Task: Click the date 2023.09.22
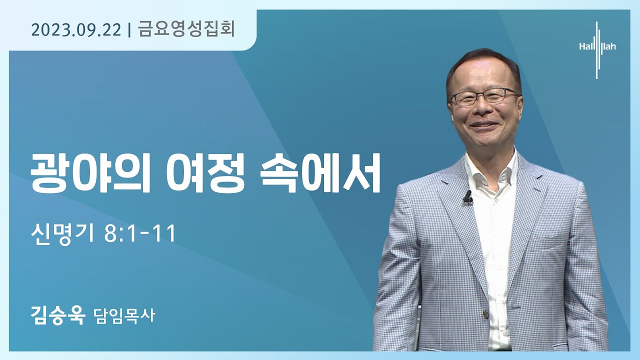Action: pos(76,30)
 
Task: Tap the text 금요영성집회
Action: pos(186,29)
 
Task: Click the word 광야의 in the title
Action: pos(90,173)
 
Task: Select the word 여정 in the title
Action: pos(205,173)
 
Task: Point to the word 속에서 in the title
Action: pos(320,173)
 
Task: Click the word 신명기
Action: pos(62,233)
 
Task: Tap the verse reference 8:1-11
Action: pos(139,234)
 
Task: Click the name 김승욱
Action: pos(58,315)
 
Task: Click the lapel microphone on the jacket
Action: pos(467,197)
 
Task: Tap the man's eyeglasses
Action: pos(484,96)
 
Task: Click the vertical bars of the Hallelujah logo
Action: pos(597,50)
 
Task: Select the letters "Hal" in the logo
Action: pos(585,46)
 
